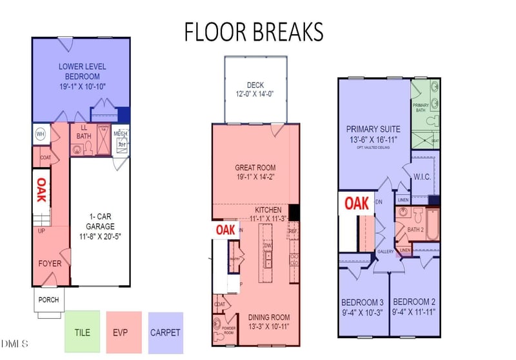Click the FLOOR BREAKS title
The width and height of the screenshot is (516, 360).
253,31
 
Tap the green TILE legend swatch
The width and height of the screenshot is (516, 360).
83,333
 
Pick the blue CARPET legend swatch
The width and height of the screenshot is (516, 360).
165,333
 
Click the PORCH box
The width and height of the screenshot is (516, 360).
48,299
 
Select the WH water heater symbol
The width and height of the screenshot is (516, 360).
40,134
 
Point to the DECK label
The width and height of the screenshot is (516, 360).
255,89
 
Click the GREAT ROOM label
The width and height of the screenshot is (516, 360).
255,172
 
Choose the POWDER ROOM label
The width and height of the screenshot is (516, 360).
228,328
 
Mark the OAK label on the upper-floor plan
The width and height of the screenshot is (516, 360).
356,203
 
